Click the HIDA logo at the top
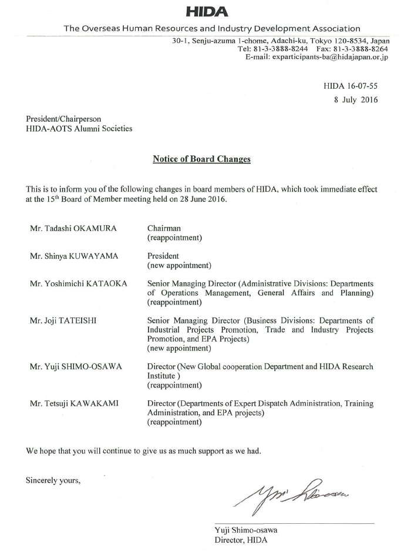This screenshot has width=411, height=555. [207, 12]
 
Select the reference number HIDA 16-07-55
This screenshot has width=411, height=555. [351, 86]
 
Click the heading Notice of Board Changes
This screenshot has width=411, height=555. [201, 159]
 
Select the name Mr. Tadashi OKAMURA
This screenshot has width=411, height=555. [73, 228]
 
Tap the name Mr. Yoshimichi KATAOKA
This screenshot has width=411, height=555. [78, 283]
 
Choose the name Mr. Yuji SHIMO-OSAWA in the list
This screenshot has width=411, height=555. [76, 367]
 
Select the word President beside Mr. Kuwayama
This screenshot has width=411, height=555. [164, 256]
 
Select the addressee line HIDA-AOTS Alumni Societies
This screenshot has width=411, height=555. [79, 129]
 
